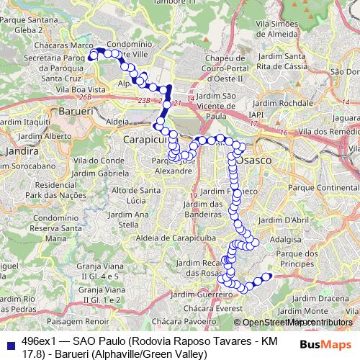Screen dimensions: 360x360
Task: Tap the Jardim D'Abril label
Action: (x=284, y=220)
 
